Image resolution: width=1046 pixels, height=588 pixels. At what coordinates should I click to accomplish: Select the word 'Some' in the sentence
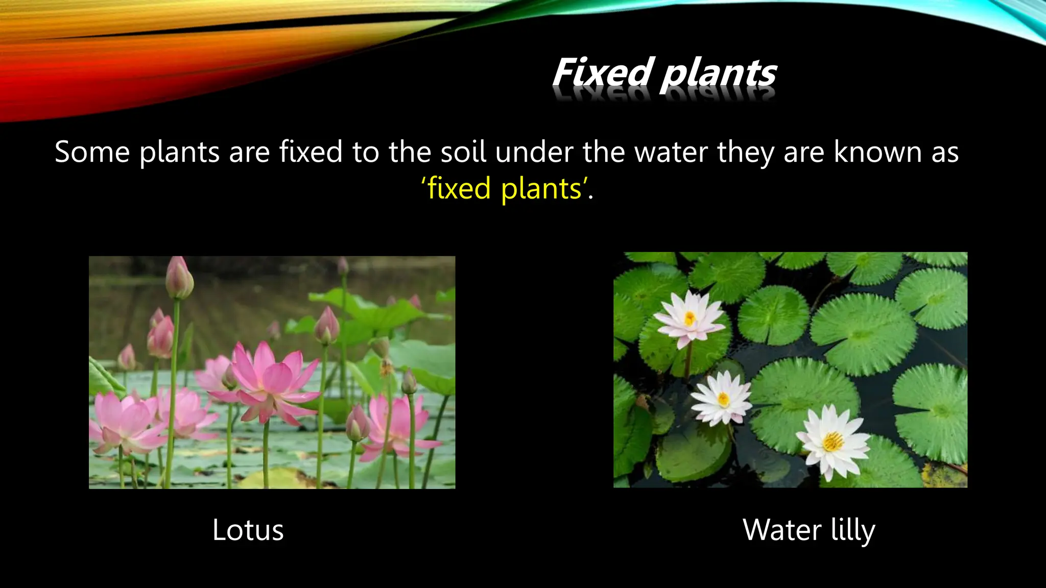[x=92, y=152]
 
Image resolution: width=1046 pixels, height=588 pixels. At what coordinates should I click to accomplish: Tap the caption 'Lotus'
[x=248, y=530]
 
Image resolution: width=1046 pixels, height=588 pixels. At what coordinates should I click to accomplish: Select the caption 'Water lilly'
[x=809, y=530]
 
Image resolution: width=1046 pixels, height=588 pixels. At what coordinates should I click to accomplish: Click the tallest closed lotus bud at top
[x=179, y=278]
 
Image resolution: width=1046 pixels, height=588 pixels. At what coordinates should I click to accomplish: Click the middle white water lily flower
[x=721, y=398]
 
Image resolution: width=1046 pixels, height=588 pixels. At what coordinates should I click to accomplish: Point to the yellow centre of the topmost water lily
[x=690, y=319]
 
